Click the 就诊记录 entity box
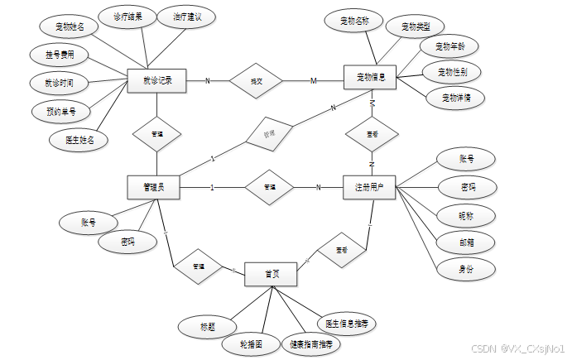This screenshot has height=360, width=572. pyautogui.click(x=157, y=81)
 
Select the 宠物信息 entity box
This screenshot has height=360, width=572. pyautogui.click(x=370, y=78)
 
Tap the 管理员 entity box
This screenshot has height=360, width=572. pyautogui.click(x=154, y=187)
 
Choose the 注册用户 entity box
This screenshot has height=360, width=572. pyautogui.click(x=370, y=187)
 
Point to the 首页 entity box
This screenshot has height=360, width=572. pyautogui.click(x=272, y=274)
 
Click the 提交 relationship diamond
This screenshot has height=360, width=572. pyautogui.click(x=257, y=81)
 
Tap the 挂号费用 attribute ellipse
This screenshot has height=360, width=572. pyautogui.click(x=59, y=55)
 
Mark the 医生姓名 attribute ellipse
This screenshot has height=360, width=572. pyautogui.click(x=79, y=140)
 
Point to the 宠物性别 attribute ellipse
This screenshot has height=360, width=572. pyautogui.click(x=451, y=72)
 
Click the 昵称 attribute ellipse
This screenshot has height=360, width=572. pyautogui.click(x=467, y=214)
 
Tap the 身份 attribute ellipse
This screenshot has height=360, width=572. pyautogui.click(x=467, y=269)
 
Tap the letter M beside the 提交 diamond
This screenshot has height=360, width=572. pyautogui.click(x=313, y=81)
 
